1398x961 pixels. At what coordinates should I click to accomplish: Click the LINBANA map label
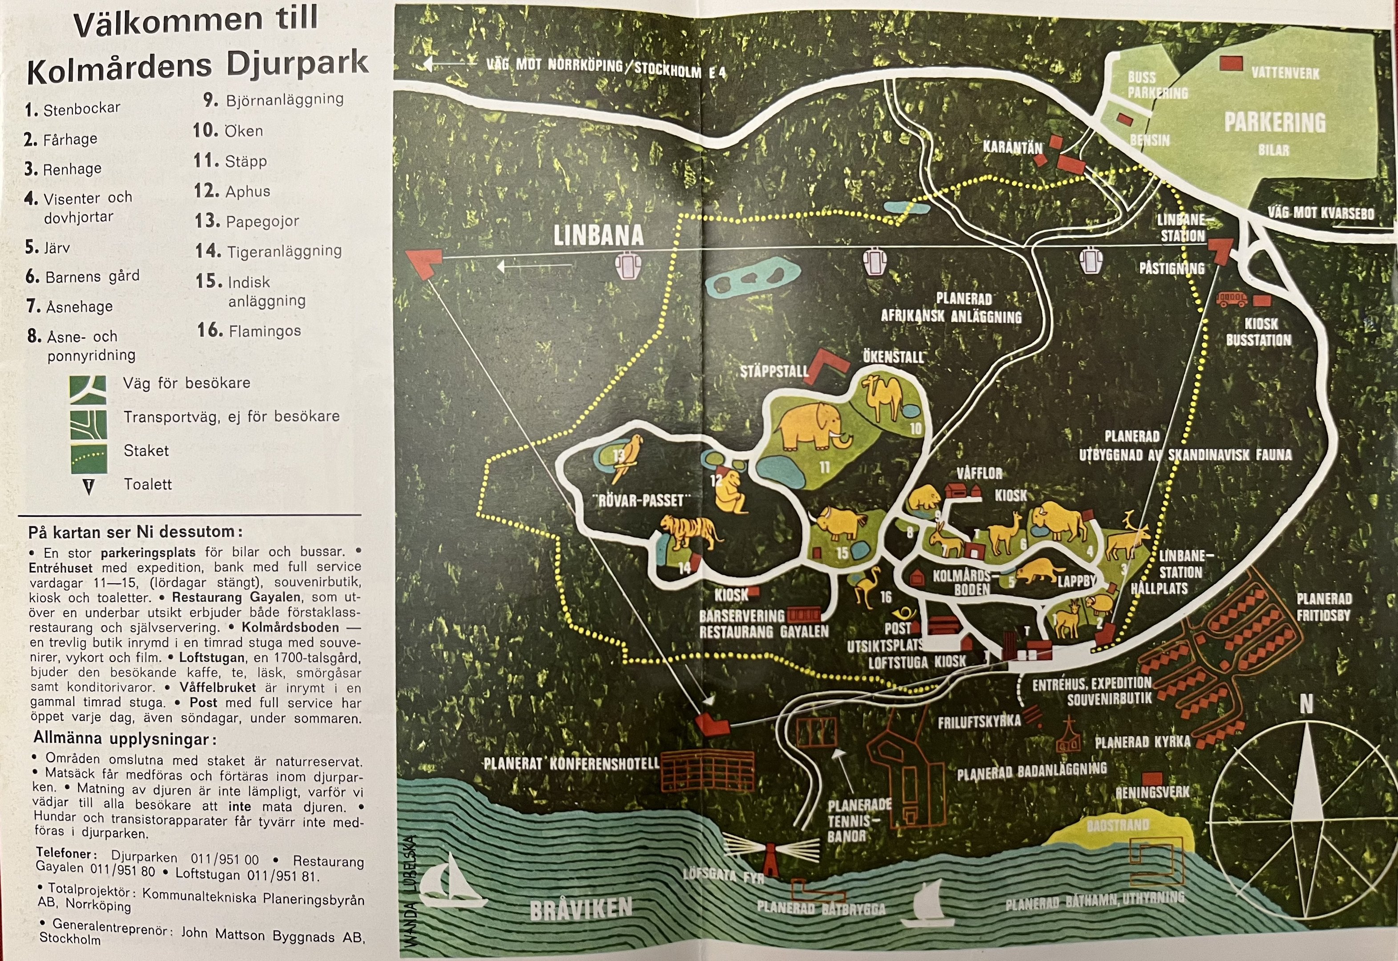(x=598, y=235)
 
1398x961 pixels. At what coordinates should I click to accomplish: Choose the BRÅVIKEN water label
(x=581, y=908)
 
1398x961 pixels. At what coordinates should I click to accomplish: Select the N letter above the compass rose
(x=1305, y=704)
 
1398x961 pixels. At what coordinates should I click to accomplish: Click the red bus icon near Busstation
(x=1231, y=299)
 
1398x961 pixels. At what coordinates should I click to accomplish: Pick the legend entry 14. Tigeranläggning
(x=268, y=250)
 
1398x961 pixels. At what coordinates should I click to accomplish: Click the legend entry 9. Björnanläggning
(x=274, y=99)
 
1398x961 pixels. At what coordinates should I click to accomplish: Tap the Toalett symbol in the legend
(x=89, y=486)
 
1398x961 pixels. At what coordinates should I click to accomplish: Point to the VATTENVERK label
(x=1285, y=73)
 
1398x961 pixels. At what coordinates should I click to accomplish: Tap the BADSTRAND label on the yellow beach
(x=1118, y=825)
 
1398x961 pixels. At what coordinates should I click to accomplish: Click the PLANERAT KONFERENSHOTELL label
(x=572, y=763)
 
